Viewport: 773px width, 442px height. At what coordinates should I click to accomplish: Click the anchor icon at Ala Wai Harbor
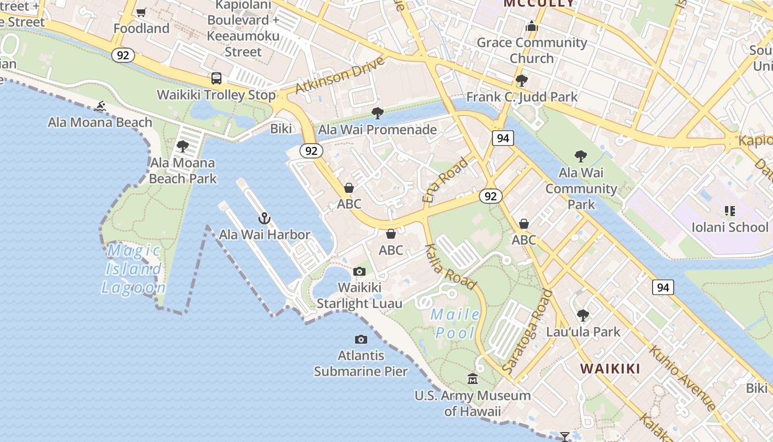pos(264,218)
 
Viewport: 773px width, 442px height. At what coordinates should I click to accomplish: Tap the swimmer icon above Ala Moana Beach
pos(100,106)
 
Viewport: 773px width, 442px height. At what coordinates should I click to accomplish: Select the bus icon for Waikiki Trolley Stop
pos(216,78)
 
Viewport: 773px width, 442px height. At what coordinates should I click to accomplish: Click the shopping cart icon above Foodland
pos(141,12)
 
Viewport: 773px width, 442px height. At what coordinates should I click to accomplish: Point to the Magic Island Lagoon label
pos(133,269)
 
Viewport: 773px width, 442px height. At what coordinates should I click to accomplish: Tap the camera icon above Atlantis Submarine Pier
pos(361,339)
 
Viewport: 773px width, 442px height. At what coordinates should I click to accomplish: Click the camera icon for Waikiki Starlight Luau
pos(359,271)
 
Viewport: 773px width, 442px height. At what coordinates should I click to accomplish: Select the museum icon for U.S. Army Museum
pos(473,379)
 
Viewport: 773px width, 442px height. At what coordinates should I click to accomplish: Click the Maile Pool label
pos(455,323)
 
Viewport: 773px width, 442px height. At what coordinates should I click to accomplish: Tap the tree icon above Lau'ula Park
pos(583,315)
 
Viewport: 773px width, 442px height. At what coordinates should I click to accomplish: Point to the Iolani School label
pos(730,227)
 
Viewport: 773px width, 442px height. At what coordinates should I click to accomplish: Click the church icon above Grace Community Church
pos(532,26)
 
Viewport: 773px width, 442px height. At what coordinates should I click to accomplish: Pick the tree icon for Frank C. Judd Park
pos(521,81)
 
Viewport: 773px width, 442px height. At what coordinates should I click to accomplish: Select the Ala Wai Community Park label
pos(581,188)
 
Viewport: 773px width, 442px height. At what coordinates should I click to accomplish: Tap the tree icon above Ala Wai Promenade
pos(378,113)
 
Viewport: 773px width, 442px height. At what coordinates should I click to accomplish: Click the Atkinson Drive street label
pos(340,76)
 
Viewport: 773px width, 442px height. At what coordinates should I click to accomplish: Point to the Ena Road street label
pos(444,180)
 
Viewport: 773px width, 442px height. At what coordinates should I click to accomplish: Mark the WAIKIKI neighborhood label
pos(610,369)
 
